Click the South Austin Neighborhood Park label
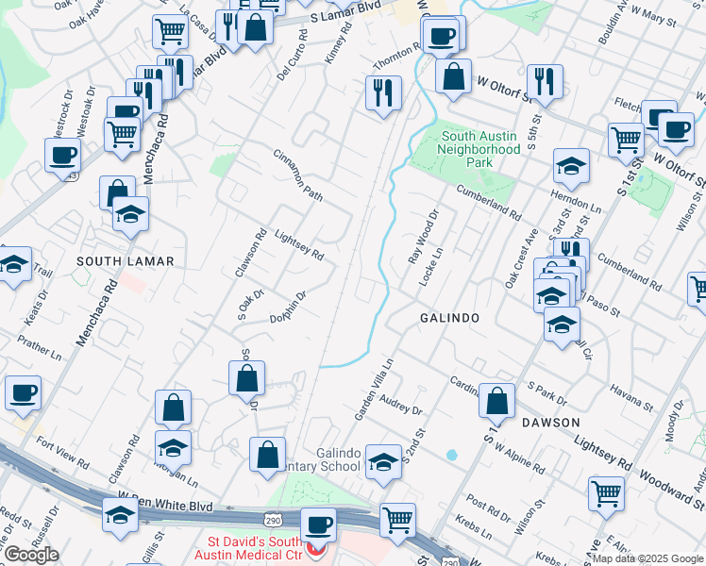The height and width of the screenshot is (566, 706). coord(479,149)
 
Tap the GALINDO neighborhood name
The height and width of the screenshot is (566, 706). coord(449,319)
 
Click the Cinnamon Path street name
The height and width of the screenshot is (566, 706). coord(298,174)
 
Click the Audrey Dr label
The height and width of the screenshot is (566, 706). coord(401,408)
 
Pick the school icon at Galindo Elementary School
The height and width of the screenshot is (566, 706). coord(382,462)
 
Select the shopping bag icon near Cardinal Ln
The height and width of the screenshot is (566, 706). coord(496,401)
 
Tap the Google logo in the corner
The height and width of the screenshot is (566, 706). coord(32,554)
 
